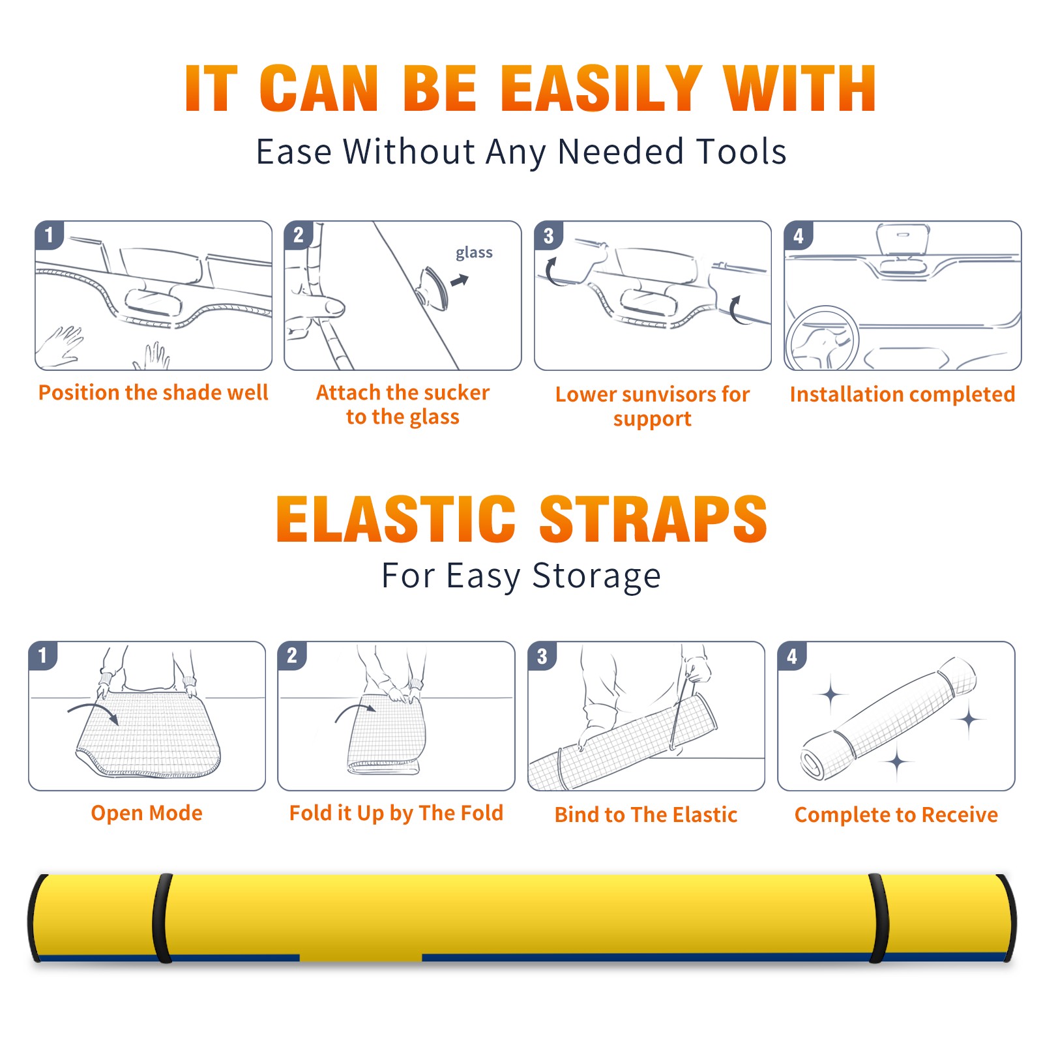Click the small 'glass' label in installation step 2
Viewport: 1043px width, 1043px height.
click(474, 253)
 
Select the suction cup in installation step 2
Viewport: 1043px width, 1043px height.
click(433, 288)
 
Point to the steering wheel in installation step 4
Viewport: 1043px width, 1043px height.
click(822, 339)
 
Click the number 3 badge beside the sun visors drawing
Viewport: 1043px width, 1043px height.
click(548, 235)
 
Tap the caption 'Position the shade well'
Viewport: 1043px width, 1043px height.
click(153, 392)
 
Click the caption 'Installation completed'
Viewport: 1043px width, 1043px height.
click(902, 394)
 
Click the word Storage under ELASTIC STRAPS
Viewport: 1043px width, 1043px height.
click(596, 577)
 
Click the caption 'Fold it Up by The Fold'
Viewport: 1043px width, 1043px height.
click(396, 813)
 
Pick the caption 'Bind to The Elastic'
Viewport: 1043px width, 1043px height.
click(646, 815)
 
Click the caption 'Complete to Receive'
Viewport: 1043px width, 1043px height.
click(896, 815)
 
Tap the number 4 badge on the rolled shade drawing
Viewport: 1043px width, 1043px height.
click(792, 656)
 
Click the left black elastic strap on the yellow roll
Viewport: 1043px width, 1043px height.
click(162, 918)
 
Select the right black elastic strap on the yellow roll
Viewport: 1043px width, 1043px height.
click(878, 918)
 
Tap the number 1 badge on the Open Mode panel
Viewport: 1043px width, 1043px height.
click(42, 656)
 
